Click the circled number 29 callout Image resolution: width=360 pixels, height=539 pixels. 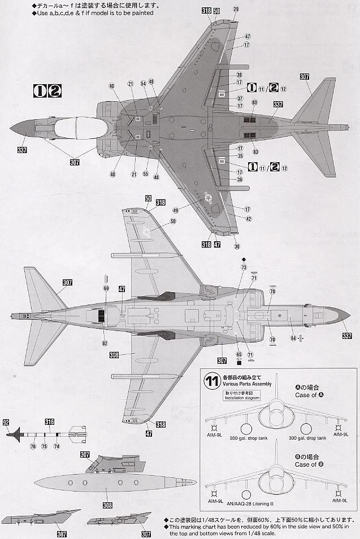(x=236, y=8)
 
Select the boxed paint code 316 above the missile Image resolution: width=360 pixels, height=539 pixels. (x=50, y=421)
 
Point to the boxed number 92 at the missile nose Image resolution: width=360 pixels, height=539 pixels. (x=6, y=421)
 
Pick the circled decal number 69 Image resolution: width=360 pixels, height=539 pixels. (x=106, y=288)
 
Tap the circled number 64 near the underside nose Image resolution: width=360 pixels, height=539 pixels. (x=293, y=338)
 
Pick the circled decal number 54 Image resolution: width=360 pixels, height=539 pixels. (x=144, y=83)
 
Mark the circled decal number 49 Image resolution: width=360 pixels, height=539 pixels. (x=176, y=210)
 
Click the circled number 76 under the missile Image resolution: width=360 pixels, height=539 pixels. (x=33, y=446)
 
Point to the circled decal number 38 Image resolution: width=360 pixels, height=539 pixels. (x=240, y=75)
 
